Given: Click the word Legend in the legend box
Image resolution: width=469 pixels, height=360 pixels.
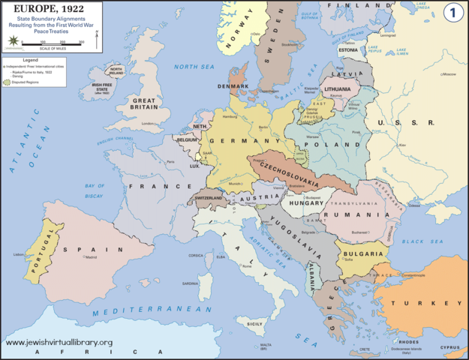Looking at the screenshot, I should click(x=30, y=59).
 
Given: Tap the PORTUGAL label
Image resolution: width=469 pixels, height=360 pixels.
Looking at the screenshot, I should click(x=32, y=242).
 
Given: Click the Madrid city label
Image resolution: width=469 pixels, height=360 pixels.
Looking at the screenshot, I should click(x=91, y=257).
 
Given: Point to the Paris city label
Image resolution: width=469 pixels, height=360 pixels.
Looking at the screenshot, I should click(x=171, y=162).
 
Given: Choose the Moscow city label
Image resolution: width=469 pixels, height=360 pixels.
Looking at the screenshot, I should click(x=449, y=75).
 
